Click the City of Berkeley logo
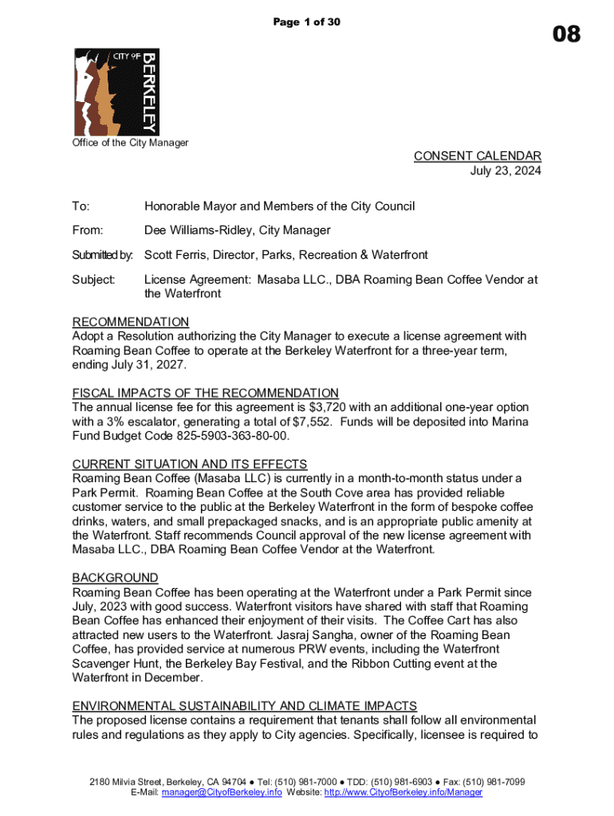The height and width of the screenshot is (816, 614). [116, 92]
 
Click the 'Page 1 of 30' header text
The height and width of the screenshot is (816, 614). [307, 22]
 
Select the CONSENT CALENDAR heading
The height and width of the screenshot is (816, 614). [477, 156]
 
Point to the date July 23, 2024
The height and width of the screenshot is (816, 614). [506, 171]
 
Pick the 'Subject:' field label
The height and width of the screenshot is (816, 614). [94, 280]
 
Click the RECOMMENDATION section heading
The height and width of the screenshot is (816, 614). [131, 322]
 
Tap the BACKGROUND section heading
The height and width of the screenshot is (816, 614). [115, 578]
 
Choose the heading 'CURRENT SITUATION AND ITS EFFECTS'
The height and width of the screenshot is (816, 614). [190, 464]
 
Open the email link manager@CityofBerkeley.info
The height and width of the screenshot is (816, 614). [222, 793]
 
